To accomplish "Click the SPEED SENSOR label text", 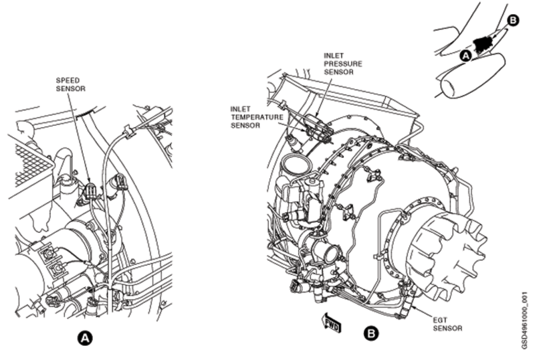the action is [71, 84].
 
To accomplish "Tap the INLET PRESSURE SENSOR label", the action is [343, 64].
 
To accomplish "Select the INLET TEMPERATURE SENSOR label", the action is [257, 117].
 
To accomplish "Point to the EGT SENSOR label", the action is [447, 324].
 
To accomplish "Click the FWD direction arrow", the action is [331, 323].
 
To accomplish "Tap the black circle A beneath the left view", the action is [85, 338].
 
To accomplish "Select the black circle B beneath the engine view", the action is [370, 333].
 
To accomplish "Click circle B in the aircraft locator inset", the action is [512, 21].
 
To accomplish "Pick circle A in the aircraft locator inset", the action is [465, 55].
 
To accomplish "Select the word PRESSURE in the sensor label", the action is [343, 64].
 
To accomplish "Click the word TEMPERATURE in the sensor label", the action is [257, 117].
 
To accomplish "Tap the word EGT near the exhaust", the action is [440, 321].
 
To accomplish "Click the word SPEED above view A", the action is [68, 80].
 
